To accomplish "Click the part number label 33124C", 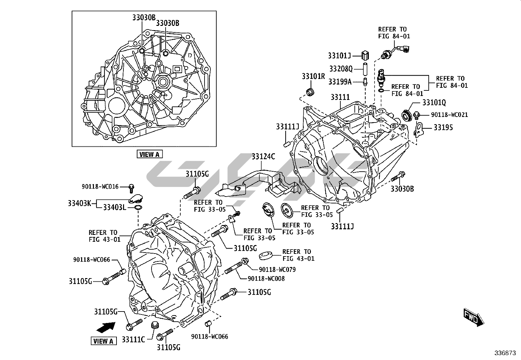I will pyautogui.click(x=263, y=157).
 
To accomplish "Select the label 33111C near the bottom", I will pyautogui.click(x=133, y=339).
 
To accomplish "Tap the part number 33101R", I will pyautogui.click(x=313, y=77).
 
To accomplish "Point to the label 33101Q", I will pyautogui.click(x=434, y=103).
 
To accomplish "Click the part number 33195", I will pyautogui.click(x=443, y=127).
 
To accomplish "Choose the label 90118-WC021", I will pyautogui.click(x=449, y=115).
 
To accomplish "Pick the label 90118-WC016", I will pyautogui.click(x=100, y=187).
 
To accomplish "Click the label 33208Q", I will pyautogui.click(x=341, y=69).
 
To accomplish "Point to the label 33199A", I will pyautogui.click(x=340, y=82).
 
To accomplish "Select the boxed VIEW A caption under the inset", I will pyautogui.click(x=149, y=154).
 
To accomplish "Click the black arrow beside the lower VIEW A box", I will pyautogui.click(x=106, y=327).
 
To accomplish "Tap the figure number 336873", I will pyautogui.click(x=505, y=353).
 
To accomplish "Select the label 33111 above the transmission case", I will pyautogui.click(x=340, y=97).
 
